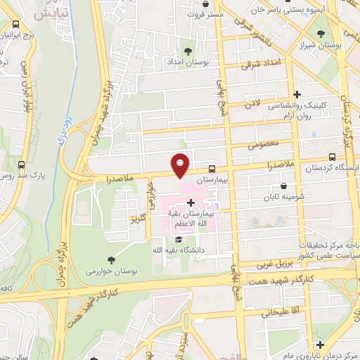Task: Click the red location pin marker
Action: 181,165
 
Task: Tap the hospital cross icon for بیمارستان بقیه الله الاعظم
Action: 191,203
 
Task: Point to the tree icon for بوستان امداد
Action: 188,51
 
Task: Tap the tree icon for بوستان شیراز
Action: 321,33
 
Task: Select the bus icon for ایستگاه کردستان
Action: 332,157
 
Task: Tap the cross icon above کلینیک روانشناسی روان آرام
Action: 297,94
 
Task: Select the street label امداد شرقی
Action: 256,65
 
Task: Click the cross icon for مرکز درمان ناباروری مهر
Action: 319,345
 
